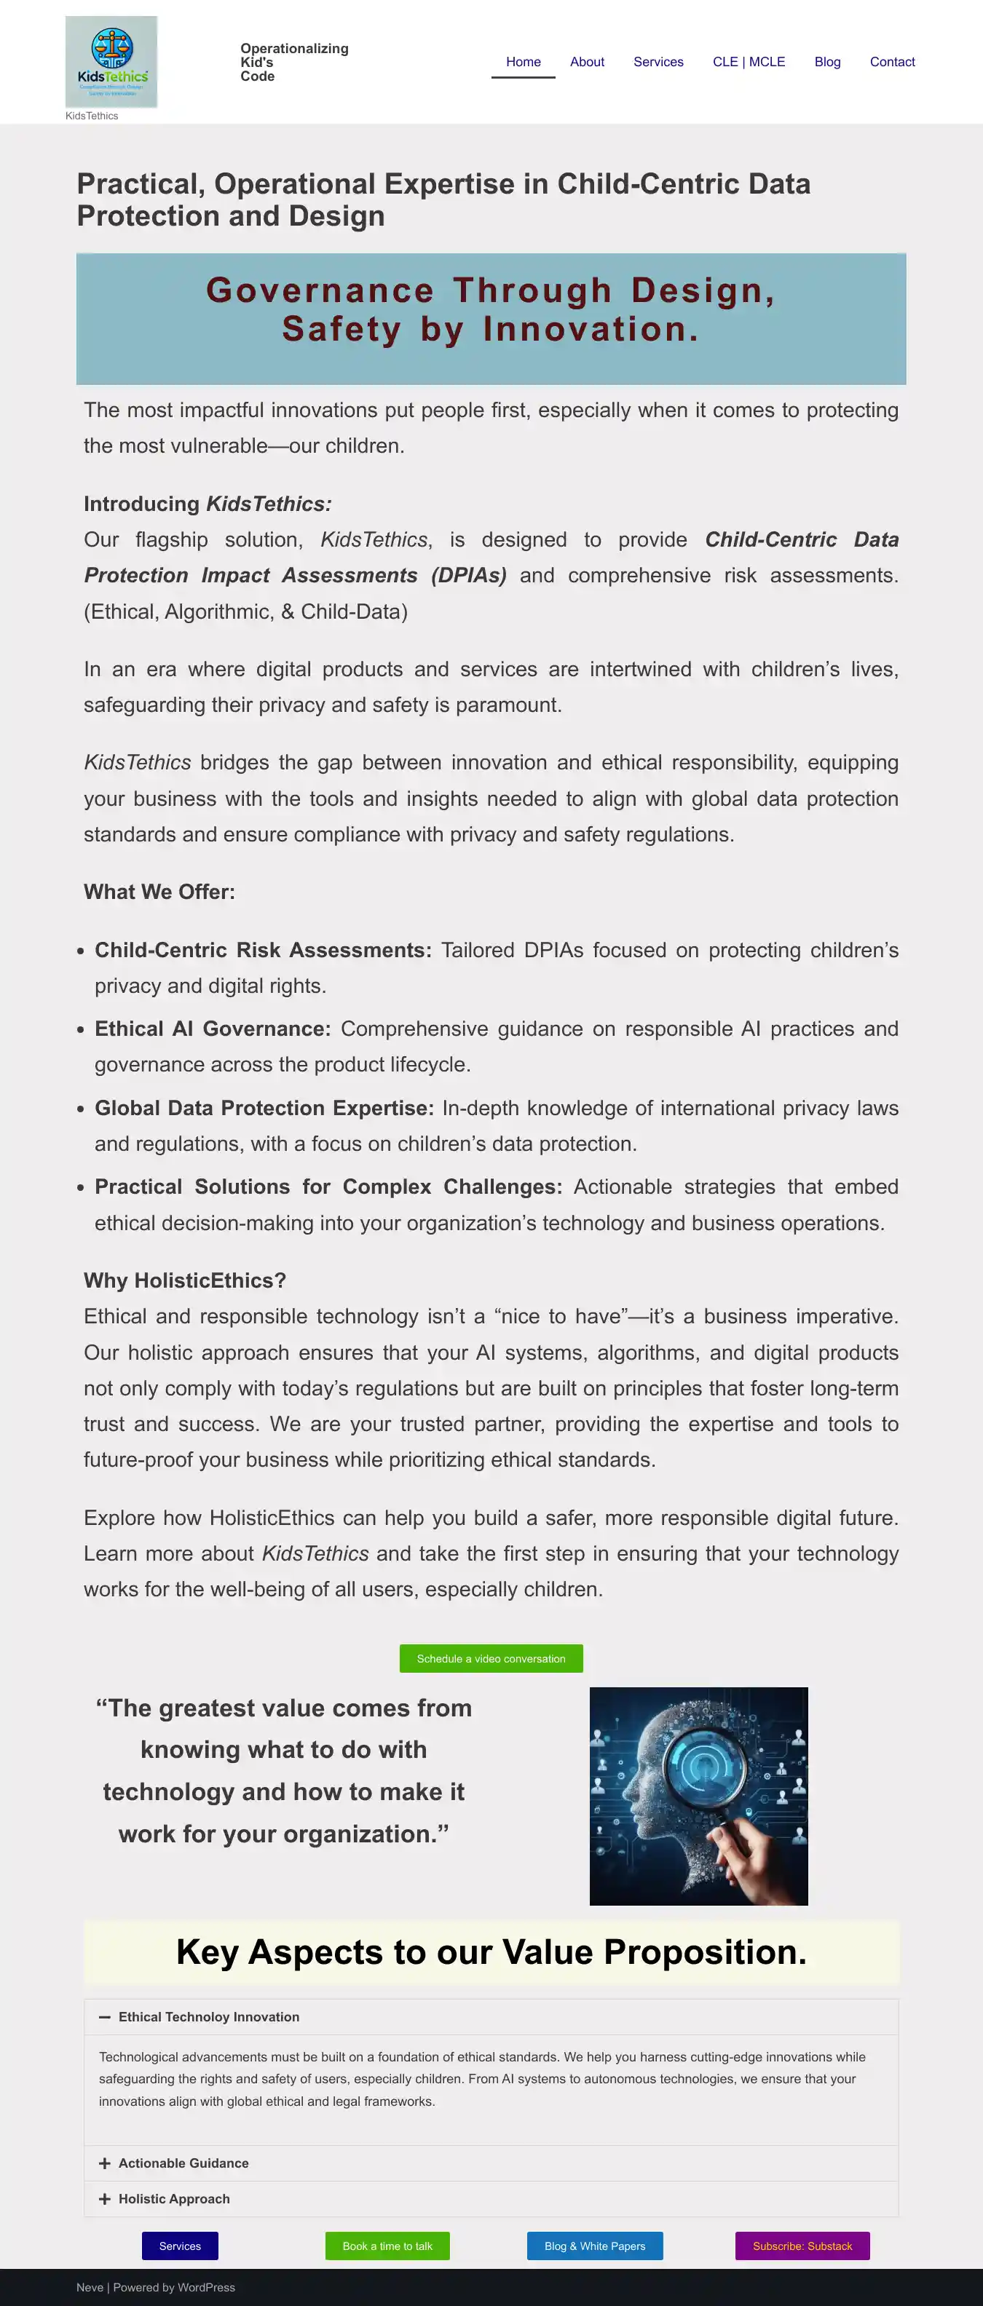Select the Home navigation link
tap(523, 62)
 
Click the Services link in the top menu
tap(658, 62)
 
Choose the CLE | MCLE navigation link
tap(749, 62)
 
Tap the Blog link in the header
tap(827, 62)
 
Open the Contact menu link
tap(892, 62)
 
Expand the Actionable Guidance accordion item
tap(183, 2163)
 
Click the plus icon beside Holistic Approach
tap(105, 2198)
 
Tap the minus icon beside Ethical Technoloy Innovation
tap(105, 2017)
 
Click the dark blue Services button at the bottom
tap(180, 2246)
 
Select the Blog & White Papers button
tap(594, 2246)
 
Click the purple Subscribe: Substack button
tap(802, 2246)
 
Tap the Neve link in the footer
tap(90, 2287)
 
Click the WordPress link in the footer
tap(205, 2287)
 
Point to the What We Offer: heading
tap(159, 892)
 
